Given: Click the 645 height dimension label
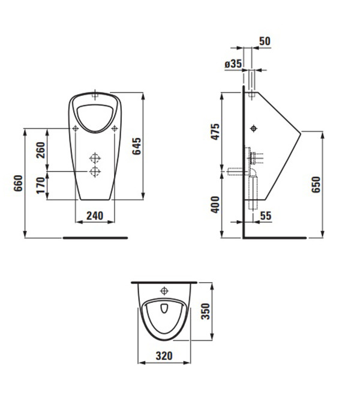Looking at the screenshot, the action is [x=137, y=146].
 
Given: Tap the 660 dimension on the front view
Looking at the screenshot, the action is [x=19, y=183].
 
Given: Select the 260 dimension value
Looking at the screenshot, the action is [x=41, y=150].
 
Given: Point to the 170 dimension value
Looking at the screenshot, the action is [x=41, y=185].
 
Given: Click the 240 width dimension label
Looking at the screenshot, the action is [x=95, y=215].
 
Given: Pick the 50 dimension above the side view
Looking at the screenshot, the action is [x=265, y=41].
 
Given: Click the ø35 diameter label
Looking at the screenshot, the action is [x=233, y=64].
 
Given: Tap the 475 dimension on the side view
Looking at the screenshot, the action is [x=215, y=132].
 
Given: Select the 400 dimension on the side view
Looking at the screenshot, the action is [x=215, y=205].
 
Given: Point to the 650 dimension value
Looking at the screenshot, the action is [x=316, y=184].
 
